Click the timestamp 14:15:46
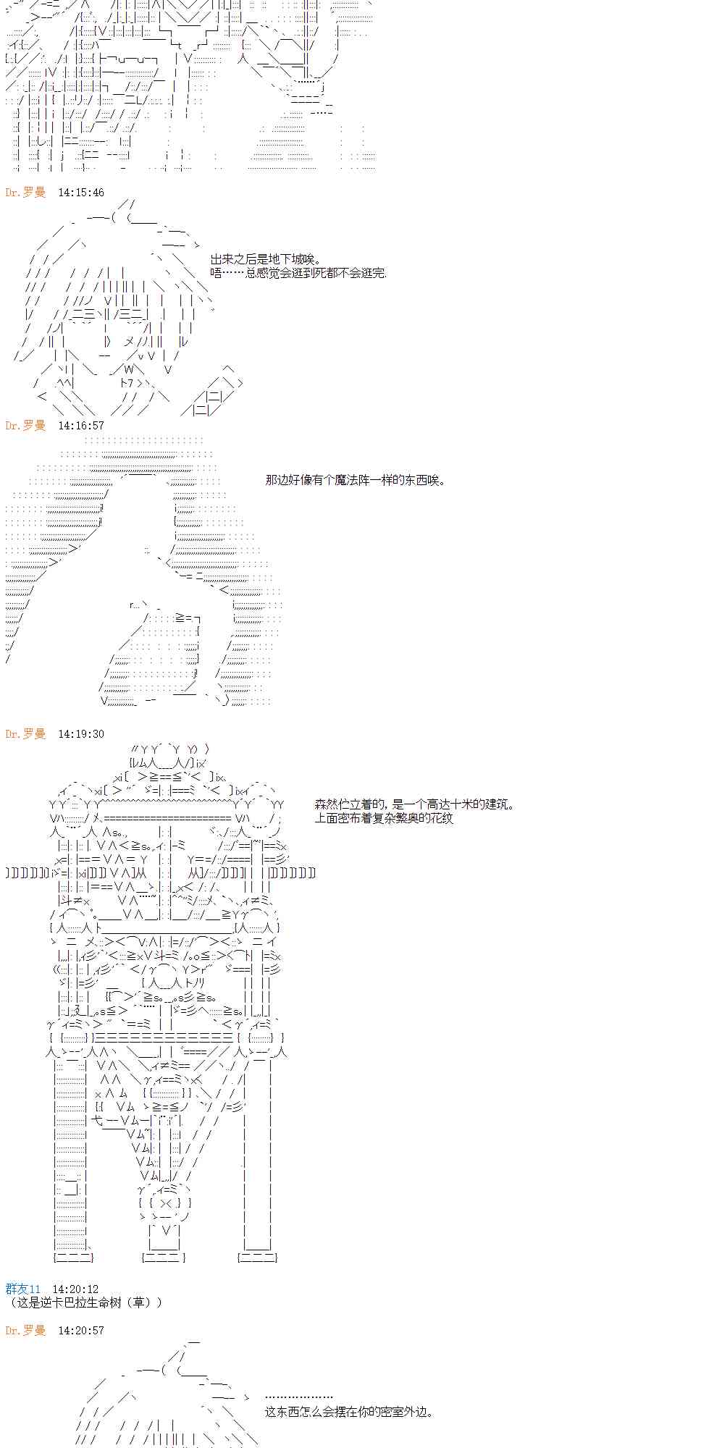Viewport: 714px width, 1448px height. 80,193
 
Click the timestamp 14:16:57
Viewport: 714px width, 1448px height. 80,426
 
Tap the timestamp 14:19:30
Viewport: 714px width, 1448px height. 80,734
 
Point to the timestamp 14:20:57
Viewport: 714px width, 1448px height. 80,1331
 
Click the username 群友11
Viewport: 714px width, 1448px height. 23,1289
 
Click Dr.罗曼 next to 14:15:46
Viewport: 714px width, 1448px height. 25,193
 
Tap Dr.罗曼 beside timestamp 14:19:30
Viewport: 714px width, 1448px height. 25,734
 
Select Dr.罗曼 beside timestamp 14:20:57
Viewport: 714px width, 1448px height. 25,1331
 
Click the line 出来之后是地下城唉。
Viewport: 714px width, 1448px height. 266,259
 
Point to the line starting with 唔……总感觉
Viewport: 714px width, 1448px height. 298,273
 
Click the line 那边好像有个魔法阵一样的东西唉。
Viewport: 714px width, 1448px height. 356,480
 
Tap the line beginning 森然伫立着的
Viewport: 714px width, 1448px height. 415,804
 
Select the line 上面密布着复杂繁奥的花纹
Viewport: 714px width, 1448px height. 384,818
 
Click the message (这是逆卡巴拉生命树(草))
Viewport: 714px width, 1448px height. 84,1302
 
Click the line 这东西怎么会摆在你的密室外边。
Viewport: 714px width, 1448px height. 349,1412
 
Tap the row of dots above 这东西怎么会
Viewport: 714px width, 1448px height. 298,1397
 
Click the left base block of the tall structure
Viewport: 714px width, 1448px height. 73,1258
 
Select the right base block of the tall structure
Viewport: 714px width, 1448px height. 257,1258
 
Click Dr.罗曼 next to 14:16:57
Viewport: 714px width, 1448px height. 25,426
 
